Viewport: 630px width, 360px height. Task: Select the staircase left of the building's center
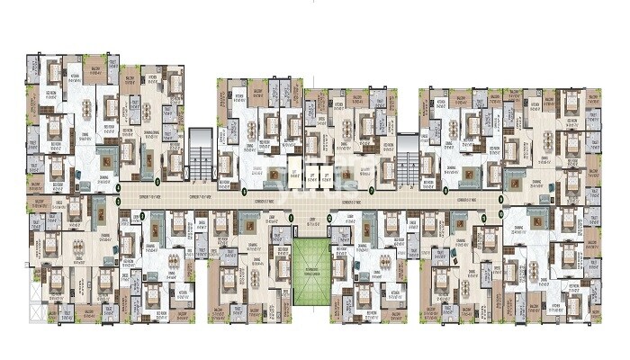click(x=201, y=153)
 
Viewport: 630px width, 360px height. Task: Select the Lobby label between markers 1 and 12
click(x=309, y=219)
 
